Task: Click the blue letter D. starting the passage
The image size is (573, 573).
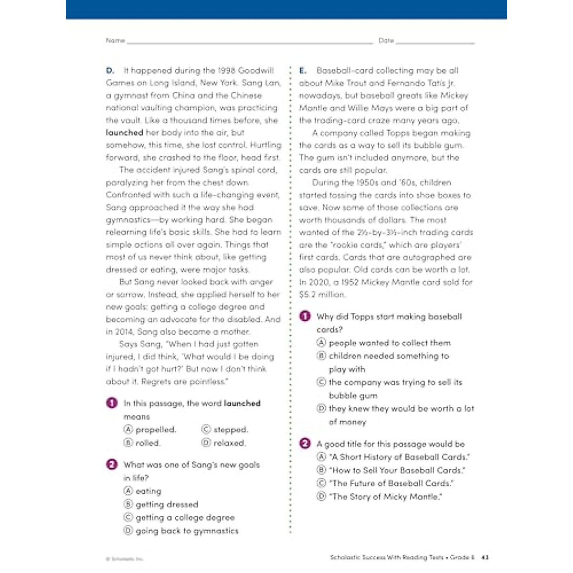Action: (x=110, y=70)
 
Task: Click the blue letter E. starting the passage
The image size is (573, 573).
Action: (x=303, y=70)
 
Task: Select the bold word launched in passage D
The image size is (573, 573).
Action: (x=125, y=133)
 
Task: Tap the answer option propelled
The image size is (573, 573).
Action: (x=156, y=430)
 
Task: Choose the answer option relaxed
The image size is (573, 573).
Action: (x=229, y=443)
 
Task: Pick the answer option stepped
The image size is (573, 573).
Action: (x=231, y=430)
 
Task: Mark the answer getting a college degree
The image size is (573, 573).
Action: (x=185, y=518)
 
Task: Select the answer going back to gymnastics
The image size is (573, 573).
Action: (x=187, y=531)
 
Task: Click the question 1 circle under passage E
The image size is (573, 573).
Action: (x=305, y=316)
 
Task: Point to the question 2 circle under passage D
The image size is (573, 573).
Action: (x=112, y=464)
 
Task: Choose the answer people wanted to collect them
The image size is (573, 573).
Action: (x=389, y=343)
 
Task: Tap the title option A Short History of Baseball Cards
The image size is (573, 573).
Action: (x=399, y=457)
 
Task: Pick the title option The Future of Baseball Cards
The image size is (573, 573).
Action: (x=391, y=483)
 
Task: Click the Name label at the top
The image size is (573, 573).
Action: (x=115, y=41)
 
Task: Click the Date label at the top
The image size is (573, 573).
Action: (x=386, y=41)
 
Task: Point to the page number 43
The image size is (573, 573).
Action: (x=486, y=557)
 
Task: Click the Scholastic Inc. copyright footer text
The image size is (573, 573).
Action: (x=125, y=559)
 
